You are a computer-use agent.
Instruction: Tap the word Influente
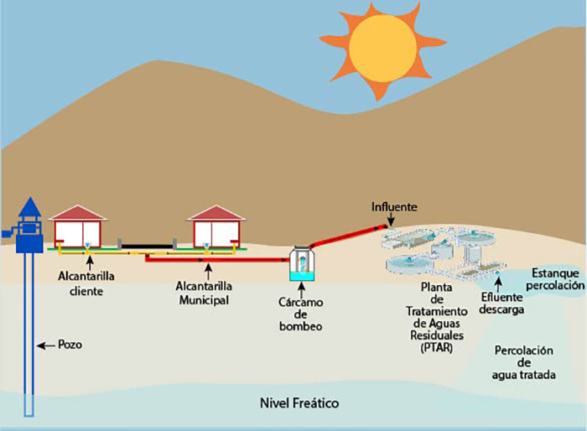click(394, 205)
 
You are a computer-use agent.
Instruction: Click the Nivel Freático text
click(299, 403)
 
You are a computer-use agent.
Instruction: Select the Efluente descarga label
click(502, 302)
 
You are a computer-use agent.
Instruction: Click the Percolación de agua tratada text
click(525, 361)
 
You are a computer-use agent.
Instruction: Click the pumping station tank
click(300, 265)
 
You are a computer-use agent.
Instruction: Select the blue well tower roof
click(30, 206)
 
